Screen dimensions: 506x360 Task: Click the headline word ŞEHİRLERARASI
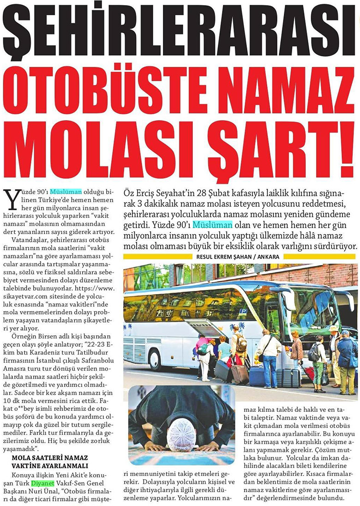180,29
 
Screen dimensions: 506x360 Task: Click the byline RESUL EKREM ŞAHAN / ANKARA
240,256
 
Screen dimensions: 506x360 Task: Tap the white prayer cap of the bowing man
182,434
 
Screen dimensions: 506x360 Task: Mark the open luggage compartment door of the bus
207,327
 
